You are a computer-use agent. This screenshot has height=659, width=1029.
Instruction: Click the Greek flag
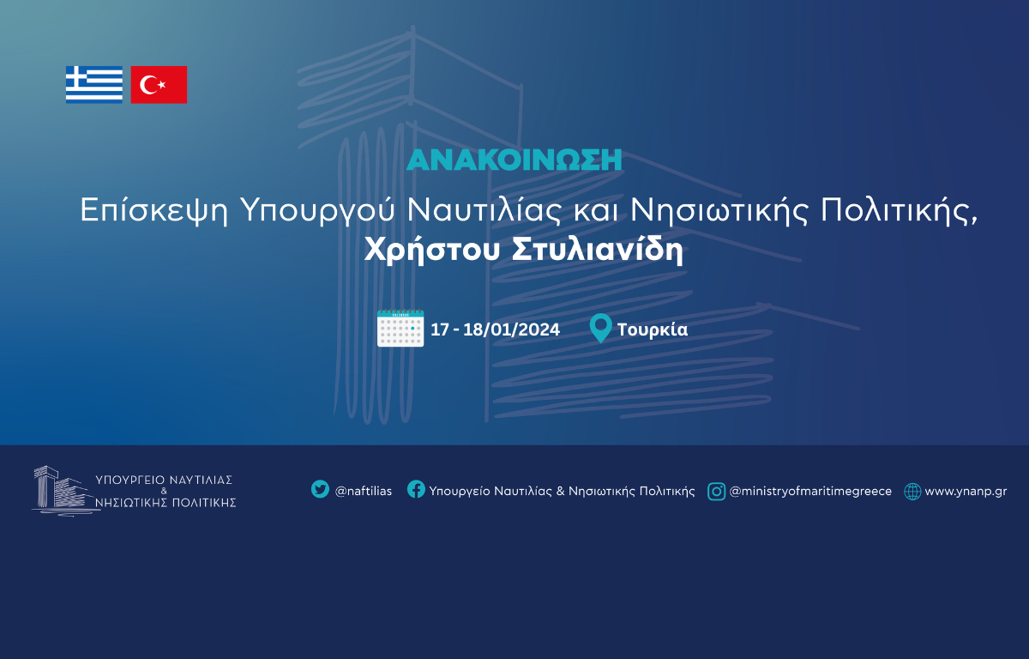94,85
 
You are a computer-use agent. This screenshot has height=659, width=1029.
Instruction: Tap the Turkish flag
159,85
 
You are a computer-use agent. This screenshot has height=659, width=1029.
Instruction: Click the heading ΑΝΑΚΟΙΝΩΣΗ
514,160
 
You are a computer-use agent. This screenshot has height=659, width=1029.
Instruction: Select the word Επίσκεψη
154,210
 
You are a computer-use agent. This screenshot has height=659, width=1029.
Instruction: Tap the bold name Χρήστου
432,250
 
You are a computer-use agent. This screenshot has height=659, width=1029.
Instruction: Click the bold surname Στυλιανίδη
597,250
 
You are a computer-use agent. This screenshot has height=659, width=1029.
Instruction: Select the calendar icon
400,328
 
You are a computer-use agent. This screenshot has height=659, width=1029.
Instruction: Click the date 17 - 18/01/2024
496,329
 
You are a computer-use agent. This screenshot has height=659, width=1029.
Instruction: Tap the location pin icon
600,328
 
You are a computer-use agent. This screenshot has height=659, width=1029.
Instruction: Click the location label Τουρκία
653,329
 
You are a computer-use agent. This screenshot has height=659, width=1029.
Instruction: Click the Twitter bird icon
320,489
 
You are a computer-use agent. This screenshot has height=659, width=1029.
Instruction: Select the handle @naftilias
364,492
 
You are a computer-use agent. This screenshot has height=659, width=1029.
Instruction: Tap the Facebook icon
416,489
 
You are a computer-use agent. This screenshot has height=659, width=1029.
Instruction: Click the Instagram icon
717,492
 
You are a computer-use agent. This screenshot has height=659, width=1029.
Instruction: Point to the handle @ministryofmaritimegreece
811,492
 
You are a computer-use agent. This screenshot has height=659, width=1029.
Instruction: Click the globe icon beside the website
912,492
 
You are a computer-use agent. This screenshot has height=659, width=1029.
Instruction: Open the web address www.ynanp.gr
966,492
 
